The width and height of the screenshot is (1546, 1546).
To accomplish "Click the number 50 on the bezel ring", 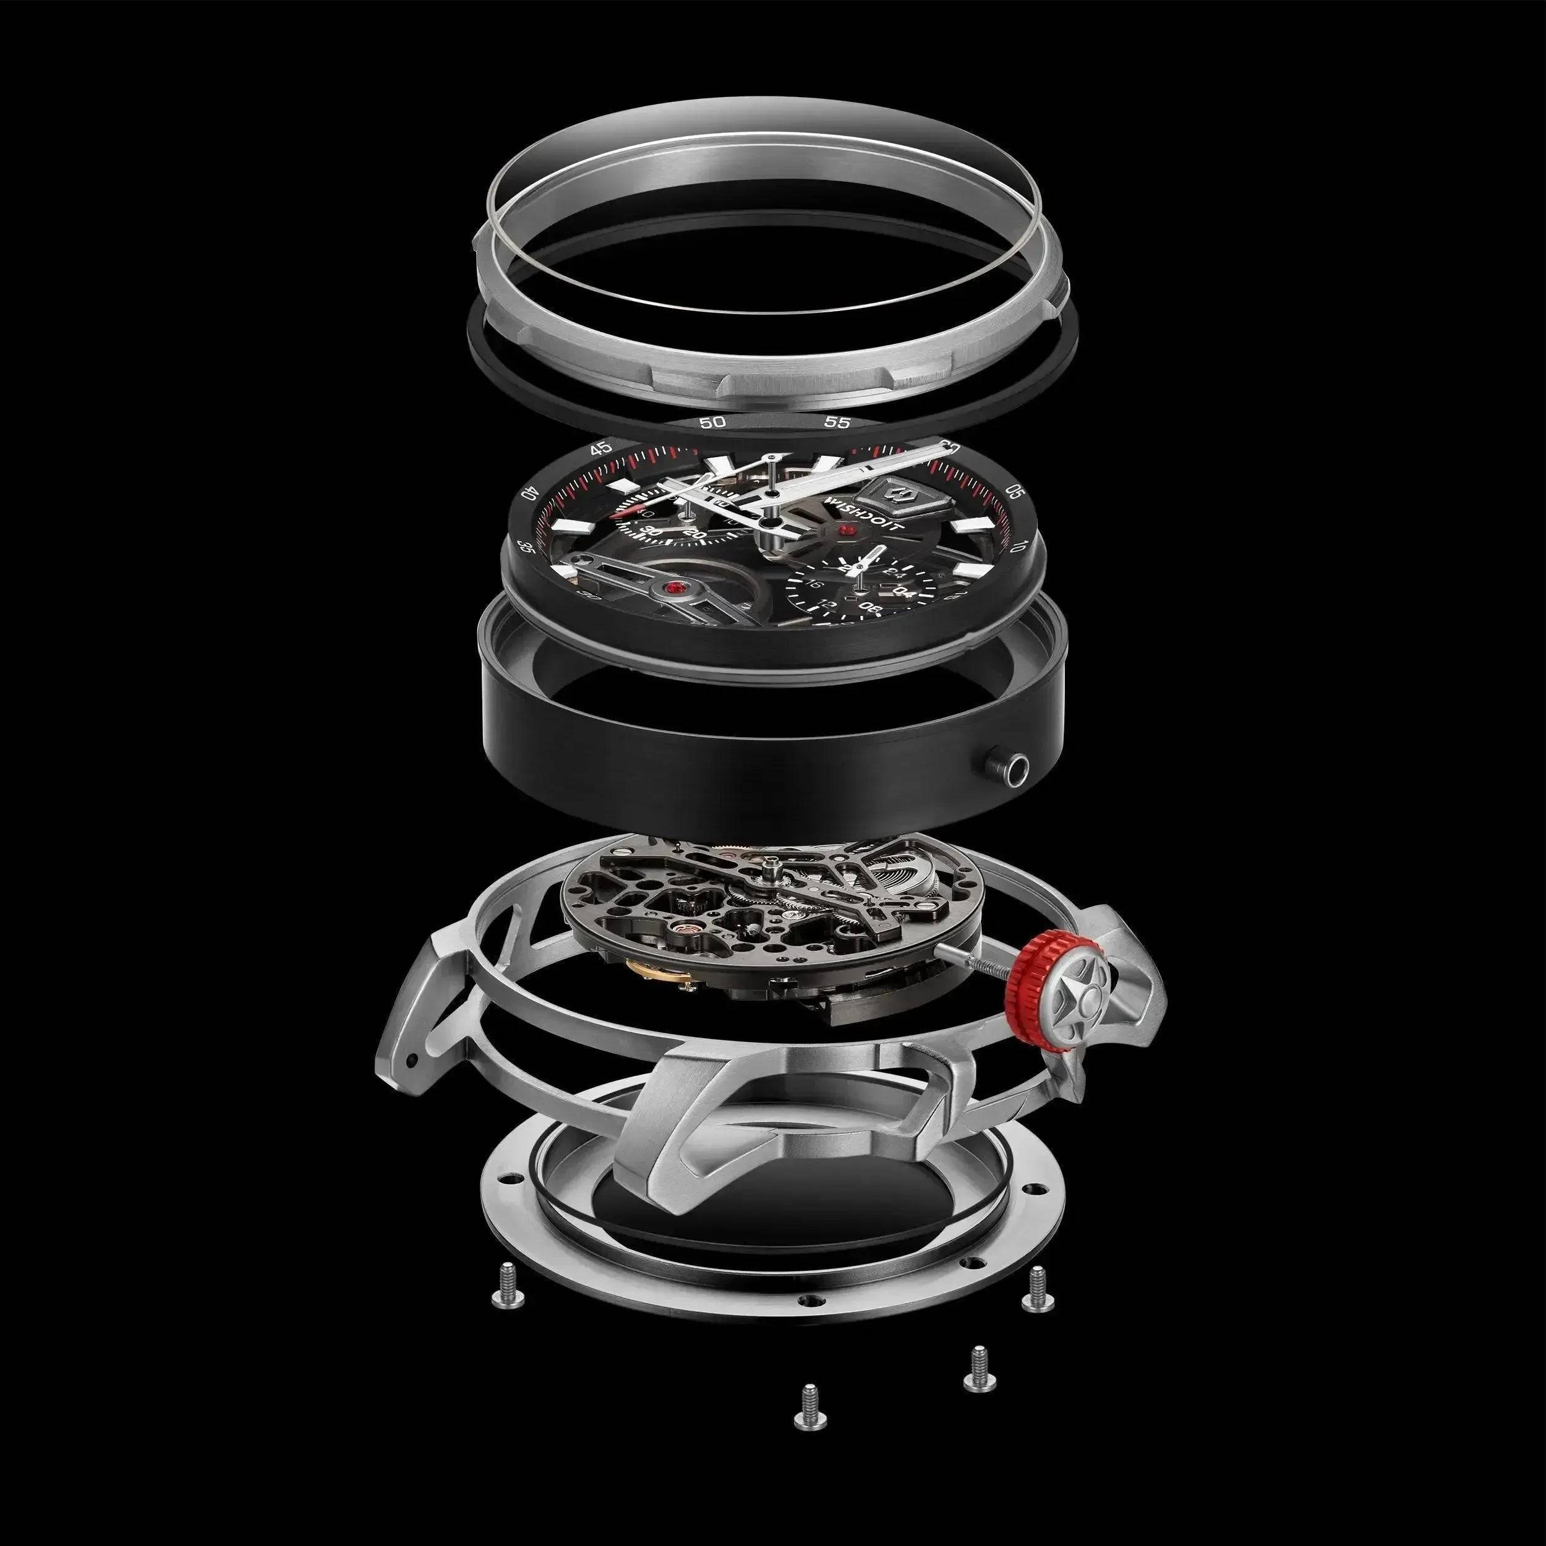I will [x=712, y=422].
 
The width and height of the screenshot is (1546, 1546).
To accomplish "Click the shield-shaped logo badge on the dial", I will [x=895, y=495].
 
